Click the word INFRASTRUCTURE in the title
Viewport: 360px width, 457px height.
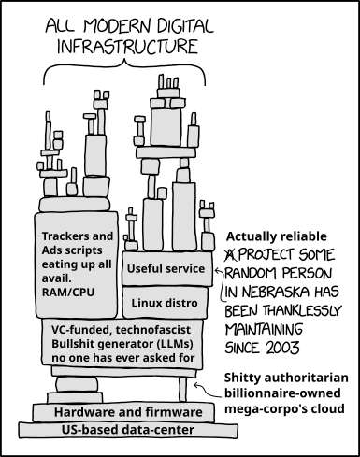[127, 47]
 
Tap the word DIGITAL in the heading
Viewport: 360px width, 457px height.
[185, 26]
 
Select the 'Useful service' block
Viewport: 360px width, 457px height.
[167, 268]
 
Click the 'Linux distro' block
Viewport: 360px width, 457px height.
[165, 303]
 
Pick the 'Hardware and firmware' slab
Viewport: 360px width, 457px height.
[123, 412]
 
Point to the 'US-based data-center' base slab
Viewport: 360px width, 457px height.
[128, 430]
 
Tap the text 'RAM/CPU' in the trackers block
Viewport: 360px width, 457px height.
[68, 293]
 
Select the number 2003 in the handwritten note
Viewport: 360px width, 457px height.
[282, 348]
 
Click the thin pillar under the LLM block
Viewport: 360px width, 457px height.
[183, 390]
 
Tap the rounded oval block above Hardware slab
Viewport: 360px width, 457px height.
[77, 384]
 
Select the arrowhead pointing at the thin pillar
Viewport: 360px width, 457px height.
[196, 386]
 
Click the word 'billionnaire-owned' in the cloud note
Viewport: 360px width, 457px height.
[282, 393]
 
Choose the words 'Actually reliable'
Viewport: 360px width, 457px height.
[277, 236]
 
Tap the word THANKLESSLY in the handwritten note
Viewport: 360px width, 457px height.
[302, 310]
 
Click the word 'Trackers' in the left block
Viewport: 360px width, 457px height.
[65, 236]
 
